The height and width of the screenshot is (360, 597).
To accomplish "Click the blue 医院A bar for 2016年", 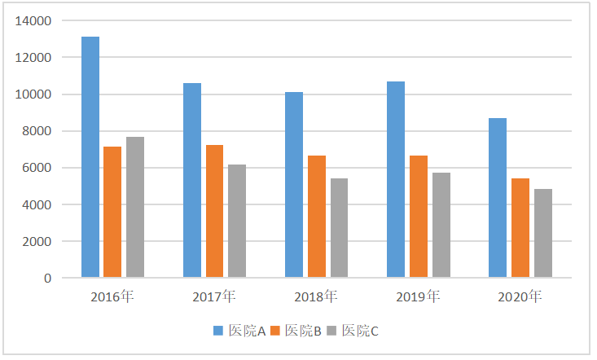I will [90, 157].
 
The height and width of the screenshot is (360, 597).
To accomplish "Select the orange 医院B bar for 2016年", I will [112, 212].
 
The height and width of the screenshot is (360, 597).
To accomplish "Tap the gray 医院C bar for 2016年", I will [135, 207].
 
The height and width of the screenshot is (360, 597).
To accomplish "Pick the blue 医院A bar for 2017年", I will [192, 180].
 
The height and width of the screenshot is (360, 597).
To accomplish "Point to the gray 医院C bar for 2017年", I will [237, 221].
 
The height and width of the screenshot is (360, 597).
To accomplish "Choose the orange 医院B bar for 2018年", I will [316, 217].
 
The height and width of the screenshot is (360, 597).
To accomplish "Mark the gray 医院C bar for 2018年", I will [339, 228].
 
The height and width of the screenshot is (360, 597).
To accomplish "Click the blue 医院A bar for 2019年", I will [396, 179].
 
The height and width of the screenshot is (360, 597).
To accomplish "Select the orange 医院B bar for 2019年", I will [418, 217].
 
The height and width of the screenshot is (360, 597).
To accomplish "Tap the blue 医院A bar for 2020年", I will [498, 198].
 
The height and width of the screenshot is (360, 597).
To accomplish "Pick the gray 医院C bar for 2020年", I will [542, 233].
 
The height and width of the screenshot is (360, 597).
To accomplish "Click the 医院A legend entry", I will [240, 331].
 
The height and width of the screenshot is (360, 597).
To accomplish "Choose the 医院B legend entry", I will [297, 331].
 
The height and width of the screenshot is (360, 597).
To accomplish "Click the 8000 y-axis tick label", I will [37, 131].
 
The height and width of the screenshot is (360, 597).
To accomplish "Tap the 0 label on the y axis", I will [47, 278].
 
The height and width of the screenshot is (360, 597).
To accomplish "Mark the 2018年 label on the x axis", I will [317, 297].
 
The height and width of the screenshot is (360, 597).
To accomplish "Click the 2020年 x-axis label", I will [520, 297].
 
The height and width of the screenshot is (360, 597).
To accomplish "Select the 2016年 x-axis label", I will [113, 297].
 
